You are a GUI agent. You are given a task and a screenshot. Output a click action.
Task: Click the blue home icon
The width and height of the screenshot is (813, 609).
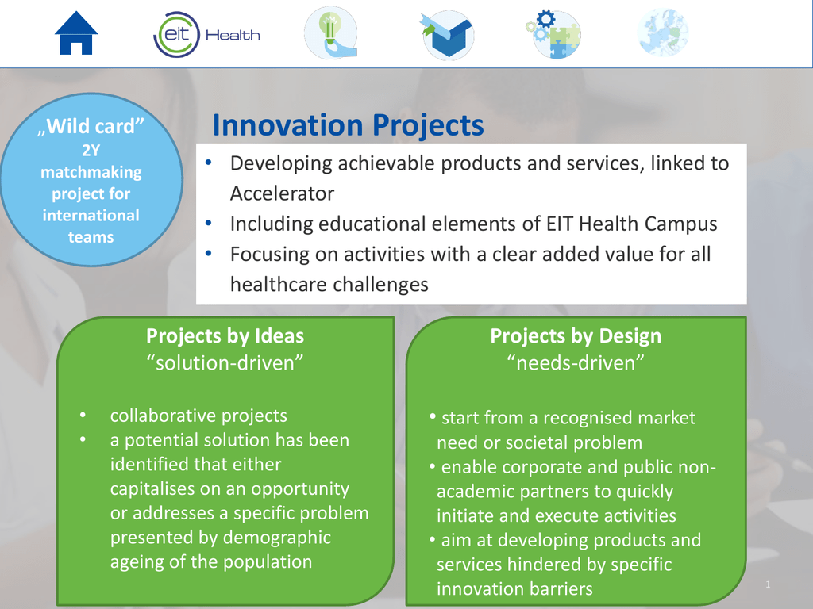coord(76,33)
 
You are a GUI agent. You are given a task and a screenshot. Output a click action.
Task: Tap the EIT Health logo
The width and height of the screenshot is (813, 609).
coord(206,35)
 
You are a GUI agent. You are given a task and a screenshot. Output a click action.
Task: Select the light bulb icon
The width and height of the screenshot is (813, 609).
coord(331,33)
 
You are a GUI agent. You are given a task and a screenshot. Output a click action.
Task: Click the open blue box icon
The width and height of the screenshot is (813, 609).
coord(448,35)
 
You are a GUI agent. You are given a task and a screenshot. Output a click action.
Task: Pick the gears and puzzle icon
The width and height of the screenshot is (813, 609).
coord(553,34)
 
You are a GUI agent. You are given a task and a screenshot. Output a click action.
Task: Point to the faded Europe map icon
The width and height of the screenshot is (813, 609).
coord(663,33)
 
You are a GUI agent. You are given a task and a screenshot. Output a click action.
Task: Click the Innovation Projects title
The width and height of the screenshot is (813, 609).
coord(348,124)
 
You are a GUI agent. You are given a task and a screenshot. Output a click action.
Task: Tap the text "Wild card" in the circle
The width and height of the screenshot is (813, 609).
coord(91,126)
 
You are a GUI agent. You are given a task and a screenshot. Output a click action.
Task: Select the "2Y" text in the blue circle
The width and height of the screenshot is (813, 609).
coord(91,150)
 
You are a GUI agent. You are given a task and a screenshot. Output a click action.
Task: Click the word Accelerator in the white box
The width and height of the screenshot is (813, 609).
coord(282,193)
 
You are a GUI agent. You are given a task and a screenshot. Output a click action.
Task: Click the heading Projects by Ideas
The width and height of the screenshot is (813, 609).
coord(225,335)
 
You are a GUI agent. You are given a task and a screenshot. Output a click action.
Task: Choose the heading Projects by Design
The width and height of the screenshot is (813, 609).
coord(576,335)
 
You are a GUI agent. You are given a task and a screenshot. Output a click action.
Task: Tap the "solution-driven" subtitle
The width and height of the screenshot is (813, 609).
coord(225,362)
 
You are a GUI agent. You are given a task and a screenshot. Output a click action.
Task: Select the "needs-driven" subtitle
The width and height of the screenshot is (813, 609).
coord(576,362)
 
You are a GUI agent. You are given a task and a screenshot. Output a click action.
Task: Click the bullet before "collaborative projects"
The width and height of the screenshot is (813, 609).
coord(83,416)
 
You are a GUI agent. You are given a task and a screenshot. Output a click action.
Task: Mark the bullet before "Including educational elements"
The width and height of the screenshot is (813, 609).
coord(209,224)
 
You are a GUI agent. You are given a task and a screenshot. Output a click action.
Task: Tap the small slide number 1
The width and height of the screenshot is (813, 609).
coord(768,584)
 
